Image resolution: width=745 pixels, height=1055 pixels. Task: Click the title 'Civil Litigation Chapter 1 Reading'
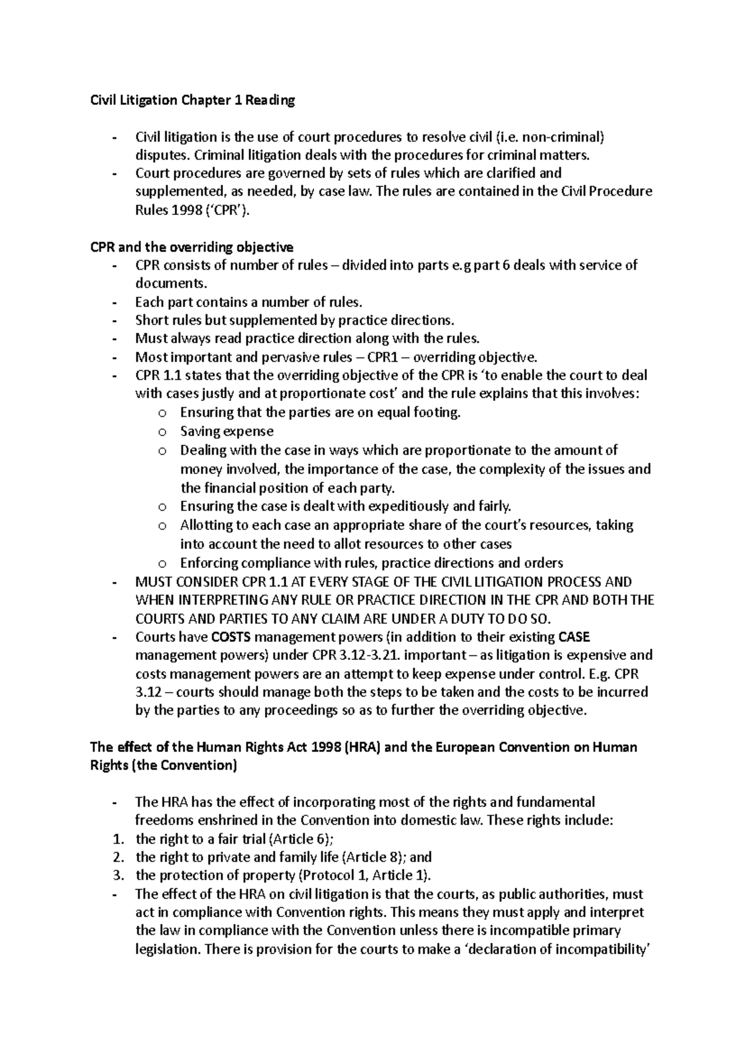pyautogui.click(x=192, y=100)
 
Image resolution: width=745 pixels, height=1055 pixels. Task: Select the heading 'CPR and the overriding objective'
pyautogui.click(x=192, y=247)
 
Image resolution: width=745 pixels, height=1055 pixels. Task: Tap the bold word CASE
pyautogui.click(x=574, y=637)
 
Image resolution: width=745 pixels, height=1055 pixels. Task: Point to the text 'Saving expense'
pyautogui.click(x=227, y=431)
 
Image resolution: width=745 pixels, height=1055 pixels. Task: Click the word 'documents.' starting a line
pyautogui.click(x=169, y=284)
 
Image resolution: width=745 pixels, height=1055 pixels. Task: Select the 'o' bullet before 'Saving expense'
pyautogui.click(x=162, y=432)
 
